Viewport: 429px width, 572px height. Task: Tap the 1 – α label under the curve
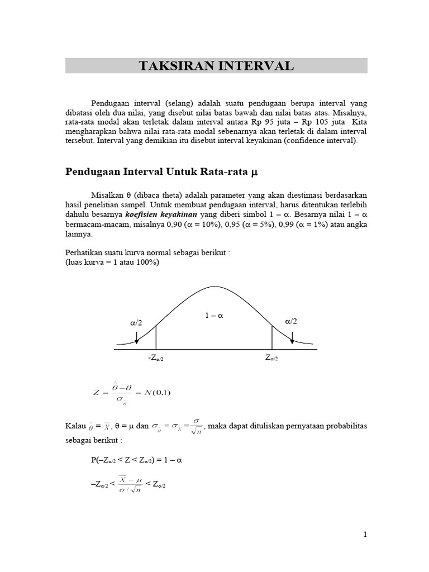pyautogui.click(x=214, y=316)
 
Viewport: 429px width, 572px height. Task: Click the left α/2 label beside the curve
pyautogui.click(x=136, y=322)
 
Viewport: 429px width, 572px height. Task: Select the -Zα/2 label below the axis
pyautogui.click(x=156, y=358)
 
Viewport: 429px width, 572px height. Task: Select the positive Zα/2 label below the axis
pyautogui.click(x=271, y=358)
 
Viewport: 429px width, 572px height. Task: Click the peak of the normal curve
pyautogui.click(x=214, y=287)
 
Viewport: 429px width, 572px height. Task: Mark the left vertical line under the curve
pyautogui.click(x=156, y=337)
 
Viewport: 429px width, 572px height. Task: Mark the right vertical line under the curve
pyautogui.click(x=272, y=337)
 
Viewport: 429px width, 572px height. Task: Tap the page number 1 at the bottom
pyautogui.click(x=365, y=535)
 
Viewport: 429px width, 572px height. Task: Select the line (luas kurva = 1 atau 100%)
pyautogui.click(x=112, y=262)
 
